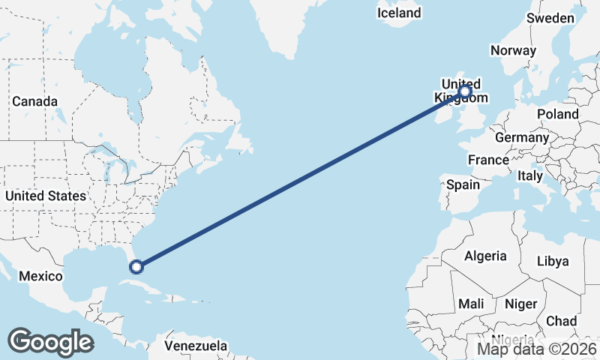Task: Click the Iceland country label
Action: (399, 13)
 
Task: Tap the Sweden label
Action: (550, 18)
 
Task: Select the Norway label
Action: (513, 51)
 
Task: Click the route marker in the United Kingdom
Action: (465, 91)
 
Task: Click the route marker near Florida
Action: (136, 265)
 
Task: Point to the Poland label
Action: (557, 114)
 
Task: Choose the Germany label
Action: (522, 138)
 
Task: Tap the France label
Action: (488, 160)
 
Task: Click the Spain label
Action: (463, 184)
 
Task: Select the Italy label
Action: (530, 175)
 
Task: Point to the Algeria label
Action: (485, 256)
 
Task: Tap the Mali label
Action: (472, 304)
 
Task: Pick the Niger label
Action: (522, 304)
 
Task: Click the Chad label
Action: (562, 321)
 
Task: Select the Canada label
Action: (34, 101)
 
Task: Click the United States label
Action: (45, 196)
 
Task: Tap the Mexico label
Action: (40, 276)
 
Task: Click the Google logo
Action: (50, 342)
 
